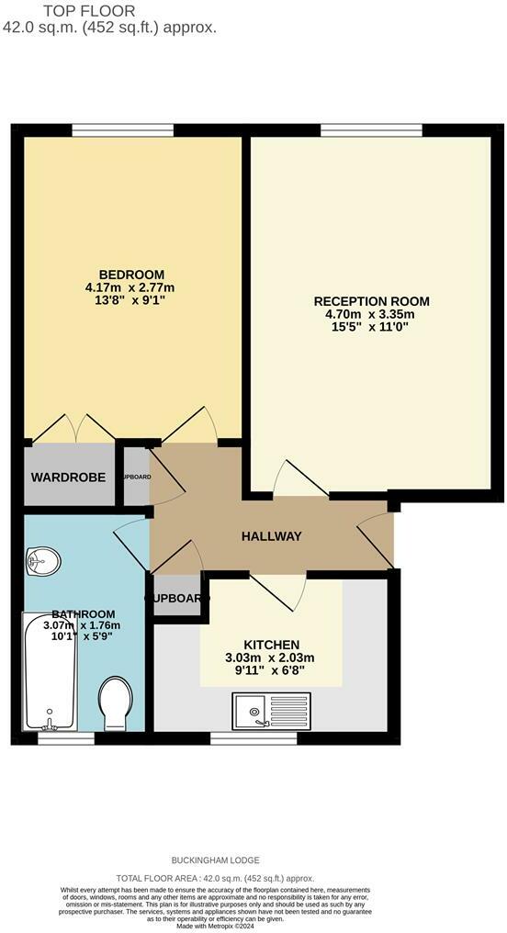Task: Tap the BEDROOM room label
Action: (x=131, y=275)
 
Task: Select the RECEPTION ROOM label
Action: (x=371, y=301)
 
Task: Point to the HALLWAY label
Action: (x=271, y=536)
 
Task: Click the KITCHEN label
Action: (x=271, y=645)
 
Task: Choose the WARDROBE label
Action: (x=68, y=478)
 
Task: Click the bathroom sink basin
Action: (x=42, y=558)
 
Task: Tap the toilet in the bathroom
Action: (x=116, y=703)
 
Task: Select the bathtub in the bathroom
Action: (x=49, y=673)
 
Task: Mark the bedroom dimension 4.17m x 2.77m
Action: (x=131, y=288)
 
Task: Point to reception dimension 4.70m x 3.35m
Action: (x=371, y=315)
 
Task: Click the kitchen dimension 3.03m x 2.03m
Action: (x=271, y=658)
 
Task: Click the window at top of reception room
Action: (x=371, y=129)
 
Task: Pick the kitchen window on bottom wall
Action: (x=253, y=736)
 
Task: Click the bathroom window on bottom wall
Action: (x=66, y=736)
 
